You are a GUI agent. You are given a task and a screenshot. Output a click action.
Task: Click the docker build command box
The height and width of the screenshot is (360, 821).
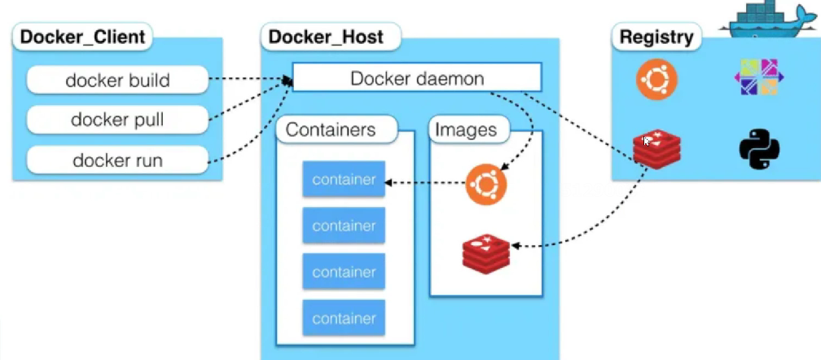click(x=117, y=80)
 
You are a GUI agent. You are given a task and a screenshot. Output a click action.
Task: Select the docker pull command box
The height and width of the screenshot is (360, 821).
click(x=117, y=120)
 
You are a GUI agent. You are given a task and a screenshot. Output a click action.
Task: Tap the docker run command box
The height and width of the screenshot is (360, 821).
click(x=117, y=160)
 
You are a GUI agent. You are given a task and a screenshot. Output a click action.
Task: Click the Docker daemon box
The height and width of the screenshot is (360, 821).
click(x=417, y=78)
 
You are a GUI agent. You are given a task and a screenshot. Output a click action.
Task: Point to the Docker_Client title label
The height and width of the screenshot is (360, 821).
click(x=82, y=37)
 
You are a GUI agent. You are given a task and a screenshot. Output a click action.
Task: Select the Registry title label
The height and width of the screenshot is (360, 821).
click(x=656, y=37)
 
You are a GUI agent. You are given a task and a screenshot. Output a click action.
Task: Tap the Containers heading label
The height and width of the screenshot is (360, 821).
click(x=331, y=130)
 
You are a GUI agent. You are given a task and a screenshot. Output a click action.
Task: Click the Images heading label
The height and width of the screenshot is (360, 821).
click(x=466, y=130)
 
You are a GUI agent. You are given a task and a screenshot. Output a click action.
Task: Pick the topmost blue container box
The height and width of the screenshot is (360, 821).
click(x=344, y=179)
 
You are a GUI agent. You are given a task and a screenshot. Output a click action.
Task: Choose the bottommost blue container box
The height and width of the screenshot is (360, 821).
click(x=344, y=318)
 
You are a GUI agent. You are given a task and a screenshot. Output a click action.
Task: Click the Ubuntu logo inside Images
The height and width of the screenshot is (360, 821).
click(x=486, y=184)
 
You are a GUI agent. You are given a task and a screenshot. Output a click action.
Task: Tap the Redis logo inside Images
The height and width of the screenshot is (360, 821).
click(x=485, y=252)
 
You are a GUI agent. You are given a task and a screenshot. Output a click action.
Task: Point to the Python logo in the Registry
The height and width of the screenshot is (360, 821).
click(x=759, y=150)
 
